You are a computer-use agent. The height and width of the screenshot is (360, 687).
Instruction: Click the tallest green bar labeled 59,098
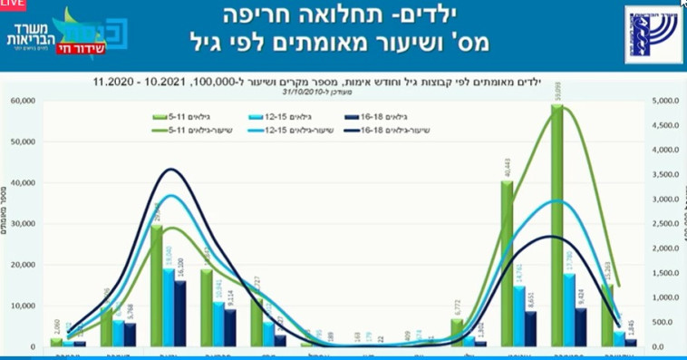click(x=557, y=227)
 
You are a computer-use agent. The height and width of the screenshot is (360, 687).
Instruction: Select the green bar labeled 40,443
click(x=508, y=263)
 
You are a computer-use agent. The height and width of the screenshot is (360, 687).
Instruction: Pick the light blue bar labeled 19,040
click(x=169, y=307)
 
